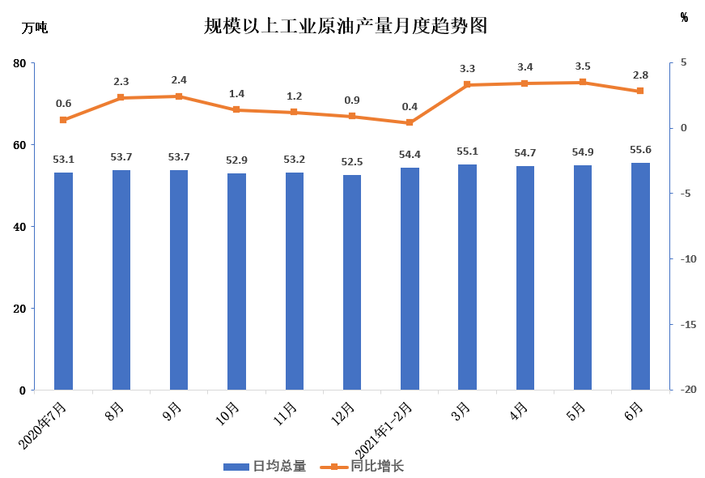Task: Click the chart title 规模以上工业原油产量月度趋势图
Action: point(346,26)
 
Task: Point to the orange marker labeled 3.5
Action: point(583,82)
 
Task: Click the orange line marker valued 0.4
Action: point(410,122)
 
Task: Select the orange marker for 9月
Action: point(179,96)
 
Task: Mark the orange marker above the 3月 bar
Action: point(467,84)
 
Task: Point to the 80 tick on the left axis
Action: point(19,63)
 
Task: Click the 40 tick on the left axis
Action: point(19,227)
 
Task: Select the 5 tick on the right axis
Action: point(684,63)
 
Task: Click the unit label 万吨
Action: point(34,28)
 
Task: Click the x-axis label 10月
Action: point(228,412)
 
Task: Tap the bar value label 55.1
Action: point(467,152)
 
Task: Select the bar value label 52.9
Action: point(236,160)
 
